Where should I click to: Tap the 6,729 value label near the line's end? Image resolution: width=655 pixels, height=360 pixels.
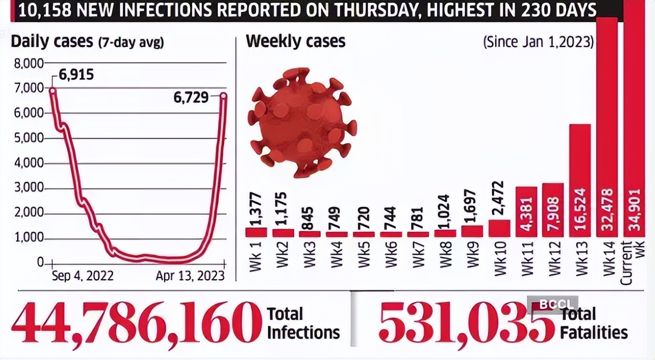[x=190, y=97]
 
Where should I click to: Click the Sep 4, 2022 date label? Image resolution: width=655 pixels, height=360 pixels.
[x=83, y=276]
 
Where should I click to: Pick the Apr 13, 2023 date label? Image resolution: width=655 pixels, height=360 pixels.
[x=190, y=276]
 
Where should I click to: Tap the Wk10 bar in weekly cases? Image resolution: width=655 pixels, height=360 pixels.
[x=499, y=228]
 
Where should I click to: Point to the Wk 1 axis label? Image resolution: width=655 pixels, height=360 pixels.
[x=256, y=258]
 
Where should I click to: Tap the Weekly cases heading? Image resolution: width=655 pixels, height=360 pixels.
[x=296, y=42]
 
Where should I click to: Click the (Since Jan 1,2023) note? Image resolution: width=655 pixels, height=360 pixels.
[x=538, y=42]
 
